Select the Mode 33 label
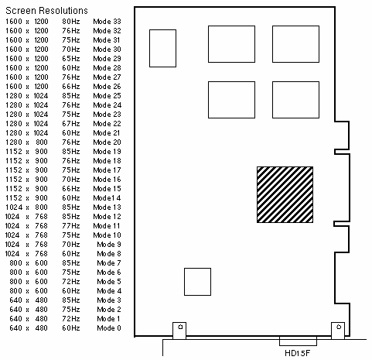coord(107,22)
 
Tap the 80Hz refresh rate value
coord(71,22)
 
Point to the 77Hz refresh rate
coord(71,226)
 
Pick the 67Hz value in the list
coord(71,124)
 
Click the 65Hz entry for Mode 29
coord(71,59)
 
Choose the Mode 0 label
coord(109,328)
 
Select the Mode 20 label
coord(107,142)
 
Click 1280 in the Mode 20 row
coord(14,142)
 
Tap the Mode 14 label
coord(107,198)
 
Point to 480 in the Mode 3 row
coord(41,300)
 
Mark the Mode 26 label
coord(107,87)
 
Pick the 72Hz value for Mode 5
coord(71,282)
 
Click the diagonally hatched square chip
coord(285,194)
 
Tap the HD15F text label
coord(298,353)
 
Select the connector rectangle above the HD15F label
coord(298,341)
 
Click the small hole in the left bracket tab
coord(180,327)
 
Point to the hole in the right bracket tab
coord(339,327)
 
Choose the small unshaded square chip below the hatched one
coord(197,282)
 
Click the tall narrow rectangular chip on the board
coord(162,48)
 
